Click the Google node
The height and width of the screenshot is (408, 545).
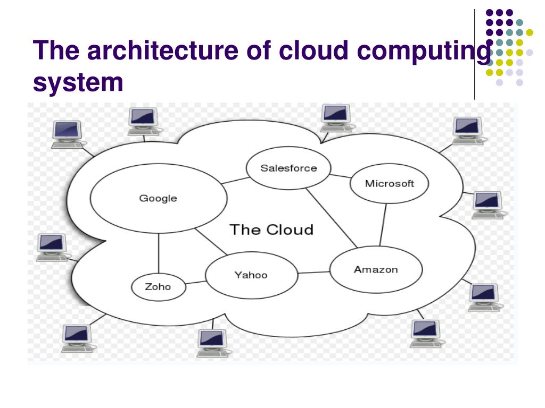click(158, 199)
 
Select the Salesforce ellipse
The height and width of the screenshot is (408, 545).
click(288, 168)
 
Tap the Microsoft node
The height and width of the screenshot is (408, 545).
click(389, 184)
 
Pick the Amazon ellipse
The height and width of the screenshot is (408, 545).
click(376, 269)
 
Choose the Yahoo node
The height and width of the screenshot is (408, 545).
click(251, 275)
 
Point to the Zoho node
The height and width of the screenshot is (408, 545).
click(158, 287)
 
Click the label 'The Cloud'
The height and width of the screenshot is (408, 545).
click(271, 229)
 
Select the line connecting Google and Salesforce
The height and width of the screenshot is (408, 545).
click(235, 180)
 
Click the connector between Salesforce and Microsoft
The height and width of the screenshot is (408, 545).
click(341, 176)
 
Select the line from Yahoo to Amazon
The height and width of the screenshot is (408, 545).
click(314, 273)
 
